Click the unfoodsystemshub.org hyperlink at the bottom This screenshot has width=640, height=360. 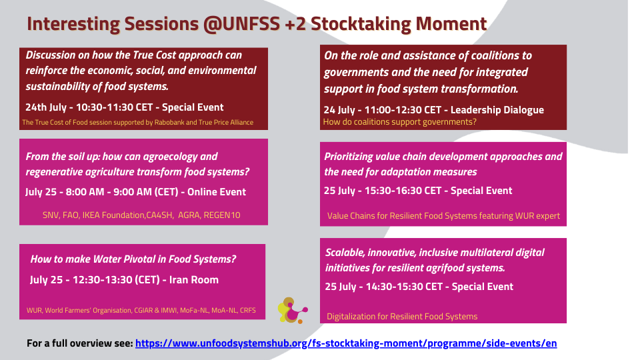coord(346,343)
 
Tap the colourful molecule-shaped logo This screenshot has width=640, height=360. coord(292,310)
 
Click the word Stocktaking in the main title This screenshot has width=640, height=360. coord(361,24)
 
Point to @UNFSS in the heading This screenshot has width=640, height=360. coord(241,24)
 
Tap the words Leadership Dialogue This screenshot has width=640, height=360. coord(497,110)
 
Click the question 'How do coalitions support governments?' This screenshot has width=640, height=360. coord(399,121)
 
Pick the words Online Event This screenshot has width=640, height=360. coord(216,192)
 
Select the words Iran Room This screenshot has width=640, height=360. coord(194,279)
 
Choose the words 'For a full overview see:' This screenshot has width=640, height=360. coord(80,343)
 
